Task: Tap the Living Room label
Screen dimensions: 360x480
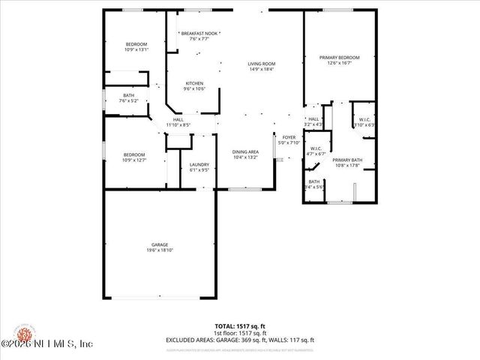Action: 262,64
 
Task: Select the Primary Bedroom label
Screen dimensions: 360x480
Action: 339,58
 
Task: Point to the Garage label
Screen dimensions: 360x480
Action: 159,244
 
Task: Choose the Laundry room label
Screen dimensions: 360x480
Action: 199,164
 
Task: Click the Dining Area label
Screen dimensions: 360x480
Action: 244,152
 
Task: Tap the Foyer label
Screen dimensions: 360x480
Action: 289,137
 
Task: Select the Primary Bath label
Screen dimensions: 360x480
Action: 347,160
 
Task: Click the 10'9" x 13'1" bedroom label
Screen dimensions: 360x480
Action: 136,44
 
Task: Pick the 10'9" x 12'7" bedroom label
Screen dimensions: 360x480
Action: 133,154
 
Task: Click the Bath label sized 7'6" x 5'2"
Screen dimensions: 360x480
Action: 129,95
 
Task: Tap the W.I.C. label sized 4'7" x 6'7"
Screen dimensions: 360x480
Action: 316,148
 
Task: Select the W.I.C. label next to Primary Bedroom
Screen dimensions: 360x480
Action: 364,119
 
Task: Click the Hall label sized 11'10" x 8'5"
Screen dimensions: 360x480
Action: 178,119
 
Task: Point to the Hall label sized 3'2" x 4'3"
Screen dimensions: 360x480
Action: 313,119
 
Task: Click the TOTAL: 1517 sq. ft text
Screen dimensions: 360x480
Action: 239,327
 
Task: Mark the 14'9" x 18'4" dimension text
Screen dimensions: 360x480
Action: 262,69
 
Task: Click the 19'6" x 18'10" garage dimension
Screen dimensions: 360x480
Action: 159,250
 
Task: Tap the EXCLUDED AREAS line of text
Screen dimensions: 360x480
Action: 239,340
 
